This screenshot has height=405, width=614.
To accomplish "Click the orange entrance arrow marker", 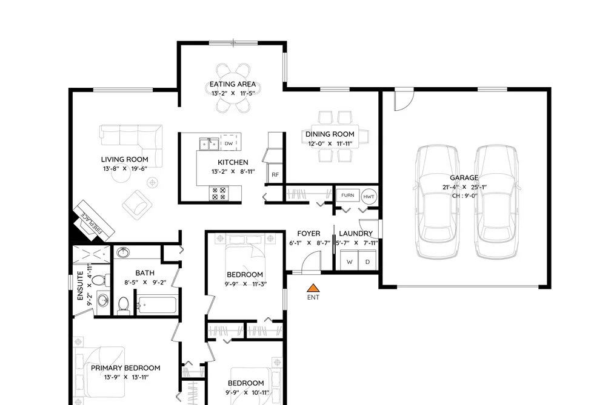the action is (x=313, y=288).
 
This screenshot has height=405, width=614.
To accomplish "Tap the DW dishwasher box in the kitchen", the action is (x=229, y=143).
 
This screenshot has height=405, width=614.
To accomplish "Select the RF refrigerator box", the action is (x=275, y=174).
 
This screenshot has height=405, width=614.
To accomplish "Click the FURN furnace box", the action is (x=348, y=195).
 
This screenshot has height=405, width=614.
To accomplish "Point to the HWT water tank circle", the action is (x=369, y=197).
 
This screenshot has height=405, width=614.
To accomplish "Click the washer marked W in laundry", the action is (x=349, y=262).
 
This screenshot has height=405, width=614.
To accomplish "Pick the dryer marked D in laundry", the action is (x=367, y=262).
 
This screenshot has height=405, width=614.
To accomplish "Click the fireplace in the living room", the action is (x=93, y=222).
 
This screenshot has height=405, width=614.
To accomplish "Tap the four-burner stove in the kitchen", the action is (x=218, y=193).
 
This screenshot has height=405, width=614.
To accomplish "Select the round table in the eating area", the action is (x=233, y=88).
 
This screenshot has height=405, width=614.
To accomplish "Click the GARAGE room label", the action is (x=464, y=177).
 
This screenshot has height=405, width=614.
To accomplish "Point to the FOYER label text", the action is (x=309, y=234).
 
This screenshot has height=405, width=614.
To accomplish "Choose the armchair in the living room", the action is (x=137, y=205).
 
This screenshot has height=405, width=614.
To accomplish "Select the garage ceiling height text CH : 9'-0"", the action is (x=465, y=196).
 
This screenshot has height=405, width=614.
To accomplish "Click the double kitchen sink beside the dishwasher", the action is (x=209, y=143).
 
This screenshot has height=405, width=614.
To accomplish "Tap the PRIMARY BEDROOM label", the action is (x=125, y=368).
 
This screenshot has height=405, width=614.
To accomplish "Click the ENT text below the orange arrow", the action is (x=313, y=297).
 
